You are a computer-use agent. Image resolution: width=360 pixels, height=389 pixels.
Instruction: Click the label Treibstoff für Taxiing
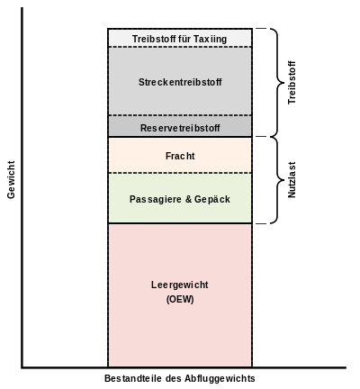coord(179,39)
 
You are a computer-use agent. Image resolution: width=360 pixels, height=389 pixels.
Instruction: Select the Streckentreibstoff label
coord(180,82)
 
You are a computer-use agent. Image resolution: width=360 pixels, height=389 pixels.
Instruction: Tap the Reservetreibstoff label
coord(180,128)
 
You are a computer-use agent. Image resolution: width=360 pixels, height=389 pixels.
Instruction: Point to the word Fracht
coord(180,156)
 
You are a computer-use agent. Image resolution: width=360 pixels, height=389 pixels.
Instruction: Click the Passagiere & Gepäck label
coord(180,200)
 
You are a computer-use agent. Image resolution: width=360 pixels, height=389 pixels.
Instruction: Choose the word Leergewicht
coord(180,285)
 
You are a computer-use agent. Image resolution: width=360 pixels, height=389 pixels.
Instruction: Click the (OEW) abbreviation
coord(180,300)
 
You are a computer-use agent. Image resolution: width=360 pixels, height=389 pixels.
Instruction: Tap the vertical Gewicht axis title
coord(11,180)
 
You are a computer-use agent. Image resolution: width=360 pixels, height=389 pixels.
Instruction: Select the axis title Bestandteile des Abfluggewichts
coord(180,379)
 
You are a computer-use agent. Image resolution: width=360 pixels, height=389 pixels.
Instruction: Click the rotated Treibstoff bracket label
coord(292,83)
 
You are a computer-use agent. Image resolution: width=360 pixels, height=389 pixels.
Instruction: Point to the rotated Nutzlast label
coord(292,180)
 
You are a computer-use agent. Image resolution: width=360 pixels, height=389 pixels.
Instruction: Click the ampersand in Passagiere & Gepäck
coord(188,199)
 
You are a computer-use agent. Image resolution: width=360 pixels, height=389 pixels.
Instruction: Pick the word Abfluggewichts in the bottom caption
coord(220,379)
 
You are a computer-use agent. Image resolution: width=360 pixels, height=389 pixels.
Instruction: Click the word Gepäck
coord(212,200)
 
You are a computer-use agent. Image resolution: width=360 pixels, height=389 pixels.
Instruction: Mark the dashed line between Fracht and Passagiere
coord(180,173)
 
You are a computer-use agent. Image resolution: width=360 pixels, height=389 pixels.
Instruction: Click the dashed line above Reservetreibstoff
coord(180,115)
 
